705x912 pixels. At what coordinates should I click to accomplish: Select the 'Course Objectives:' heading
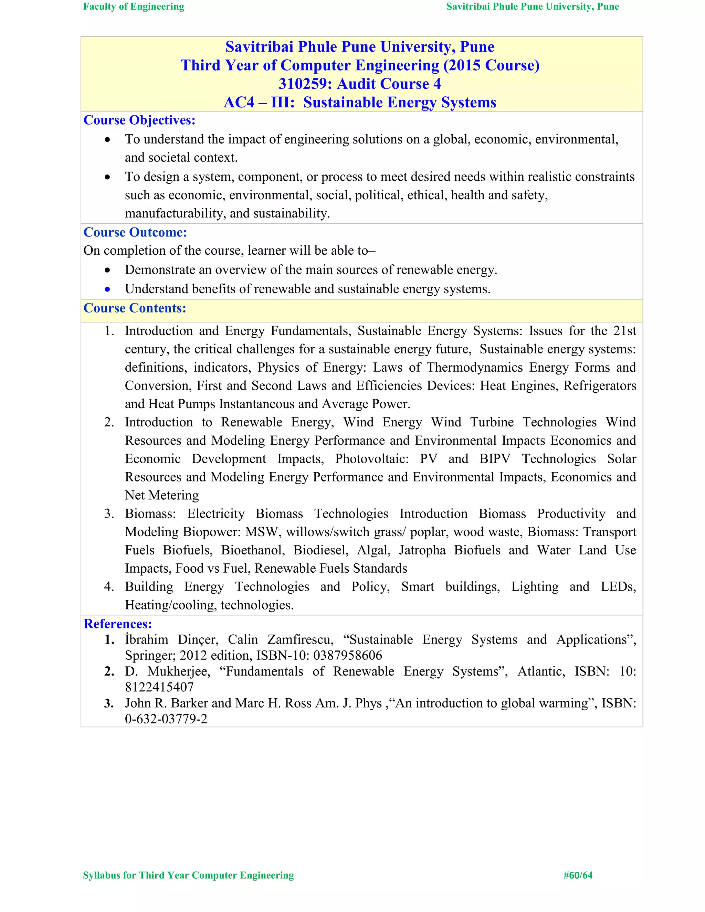pos(139,120)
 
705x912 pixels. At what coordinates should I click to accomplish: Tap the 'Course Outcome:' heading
pos(135,232)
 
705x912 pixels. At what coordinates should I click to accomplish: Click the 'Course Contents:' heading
pos(135,308)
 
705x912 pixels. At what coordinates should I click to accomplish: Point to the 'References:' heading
pos(118,624)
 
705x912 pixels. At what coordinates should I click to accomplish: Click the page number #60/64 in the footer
pos(578,875)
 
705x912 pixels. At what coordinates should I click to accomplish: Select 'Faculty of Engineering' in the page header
pos(134,7)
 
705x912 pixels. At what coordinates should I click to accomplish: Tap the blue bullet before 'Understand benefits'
pos(108,289)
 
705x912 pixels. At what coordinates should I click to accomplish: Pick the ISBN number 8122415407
pos(159,687)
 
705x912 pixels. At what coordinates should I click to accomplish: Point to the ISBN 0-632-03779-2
pos(166,719)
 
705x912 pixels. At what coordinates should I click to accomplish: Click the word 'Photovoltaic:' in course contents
pos(372,459)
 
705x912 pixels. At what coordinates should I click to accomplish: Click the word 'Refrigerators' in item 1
pos(600,386)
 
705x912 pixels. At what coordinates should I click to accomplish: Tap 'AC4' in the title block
pos(239,103)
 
